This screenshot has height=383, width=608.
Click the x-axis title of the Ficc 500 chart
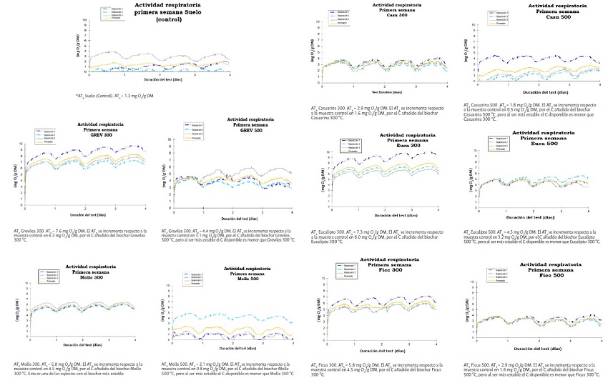pyautogui.click(x=536, y=349)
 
